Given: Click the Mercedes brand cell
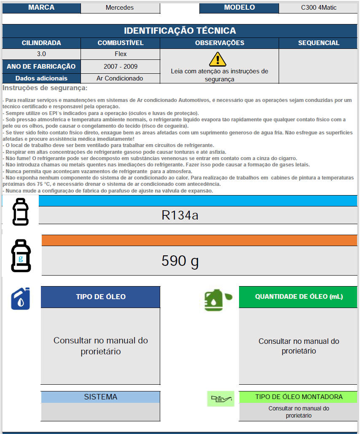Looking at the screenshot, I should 120,8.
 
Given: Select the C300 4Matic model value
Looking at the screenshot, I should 319,8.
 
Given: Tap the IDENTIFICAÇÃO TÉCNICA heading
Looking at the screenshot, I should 180,31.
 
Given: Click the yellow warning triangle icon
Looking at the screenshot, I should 218,59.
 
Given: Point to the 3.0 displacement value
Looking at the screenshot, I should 41,54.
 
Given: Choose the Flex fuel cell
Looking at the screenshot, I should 120,54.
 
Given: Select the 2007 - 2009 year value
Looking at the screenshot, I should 120,66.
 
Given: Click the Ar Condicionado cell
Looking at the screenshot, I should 120,78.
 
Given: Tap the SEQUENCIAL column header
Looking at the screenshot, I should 318,43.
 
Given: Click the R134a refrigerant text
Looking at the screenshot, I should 180,215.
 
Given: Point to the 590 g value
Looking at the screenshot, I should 180,261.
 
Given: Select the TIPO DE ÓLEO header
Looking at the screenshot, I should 100,297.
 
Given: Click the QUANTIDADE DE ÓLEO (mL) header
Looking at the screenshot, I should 298,297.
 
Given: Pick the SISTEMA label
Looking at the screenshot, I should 100,397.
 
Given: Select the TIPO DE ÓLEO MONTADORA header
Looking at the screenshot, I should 298,397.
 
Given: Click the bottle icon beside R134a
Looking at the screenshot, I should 20,212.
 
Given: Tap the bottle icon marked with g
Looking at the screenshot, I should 20,256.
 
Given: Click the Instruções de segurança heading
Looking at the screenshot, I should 45,88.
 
